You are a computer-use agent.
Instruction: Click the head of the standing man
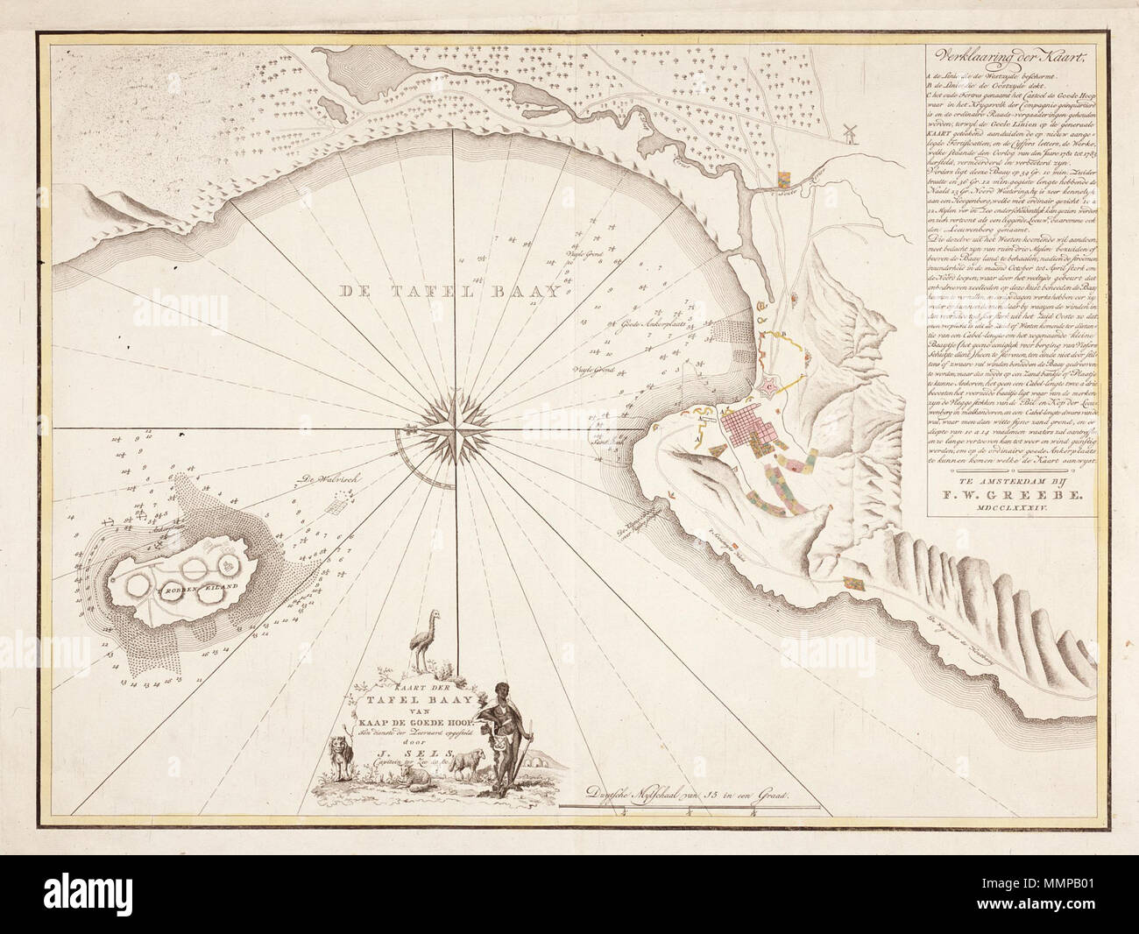[500, 691]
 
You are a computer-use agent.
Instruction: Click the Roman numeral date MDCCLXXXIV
[1004, 518]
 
